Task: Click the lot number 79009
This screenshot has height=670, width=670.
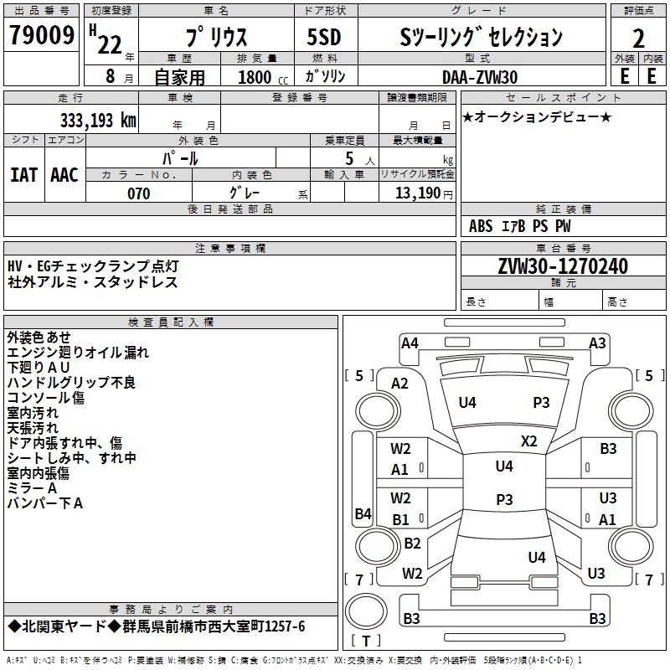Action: tap(43, 37)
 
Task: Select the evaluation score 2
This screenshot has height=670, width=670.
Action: tap(639, 39)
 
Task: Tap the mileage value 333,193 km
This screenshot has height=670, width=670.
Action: tap(98, 121)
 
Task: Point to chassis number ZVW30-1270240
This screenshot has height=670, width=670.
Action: tap(563, 266)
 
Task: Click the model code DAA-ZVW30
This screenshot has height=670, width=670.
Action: tap(480, 77)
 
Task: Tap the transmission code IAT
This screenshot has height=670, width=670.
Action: tap(24, 175)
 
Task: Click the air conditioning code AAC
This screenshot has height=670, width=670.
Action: tap(64, 175)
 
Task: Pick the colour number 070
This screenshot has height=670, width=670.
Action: tap(139, 193)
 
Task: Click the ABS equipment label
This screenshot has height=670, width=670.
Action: tap(481, 226)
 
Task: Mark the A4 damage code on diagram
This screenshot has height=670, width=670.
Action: tap(410, 343)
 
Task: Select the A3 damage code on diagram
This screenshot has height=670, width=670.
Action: tap(597, 343)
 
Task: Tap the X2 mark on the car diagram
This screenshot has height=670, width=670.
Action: tap(528, 441)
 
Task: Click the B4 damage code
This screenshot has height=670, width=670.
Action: tap(362, 514)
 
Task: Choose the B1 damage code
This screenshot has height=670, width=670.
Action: tap(401, 520)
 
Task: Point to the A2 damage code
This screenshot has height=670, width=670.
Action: tap(399, 384)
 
